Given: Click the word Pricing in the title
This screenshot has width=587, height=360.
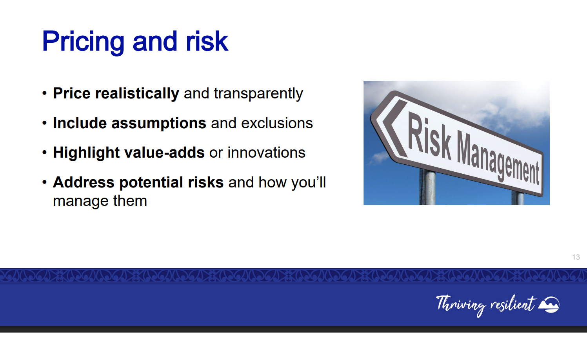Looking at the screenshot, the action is coord(83,42).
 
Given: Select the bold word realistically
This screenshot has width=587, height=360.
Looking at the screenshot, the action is coord(137,94).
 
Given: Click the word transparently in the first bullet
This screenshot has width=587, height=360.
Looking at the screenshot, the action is coord(258,94).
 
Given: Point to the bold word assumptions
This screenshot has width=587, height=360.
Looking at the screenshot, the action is coord(159,124).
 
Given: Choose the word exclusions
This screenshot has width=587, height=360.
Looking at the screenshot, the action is coord(277,123).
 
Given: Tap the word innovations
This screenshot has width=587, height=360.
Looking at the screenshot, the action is coord(267,153).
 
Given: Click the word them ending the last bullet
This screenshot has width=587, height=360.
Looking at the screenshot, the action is coord(130,201).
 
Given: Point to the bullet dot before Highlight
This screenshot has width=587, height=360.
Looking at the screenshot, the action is coord(45,153).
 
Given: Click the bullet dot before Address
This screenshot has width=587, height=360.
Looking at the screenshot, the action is coord(45,182).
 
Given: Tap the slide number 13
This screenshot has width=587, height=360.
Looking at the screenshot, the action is coord(576,257).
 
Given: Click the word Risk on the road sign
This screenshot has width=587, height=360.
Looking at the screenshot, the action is coord(429,136).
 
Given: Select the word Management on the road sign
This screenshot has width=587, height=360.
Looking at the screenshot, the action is coord(498,157).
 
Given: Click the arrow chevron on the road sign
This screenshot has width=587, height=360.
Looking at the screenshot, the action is coord(394,128).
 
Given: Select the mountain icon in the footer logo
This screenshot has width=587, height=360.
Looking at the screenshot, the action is coord(549,305).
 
